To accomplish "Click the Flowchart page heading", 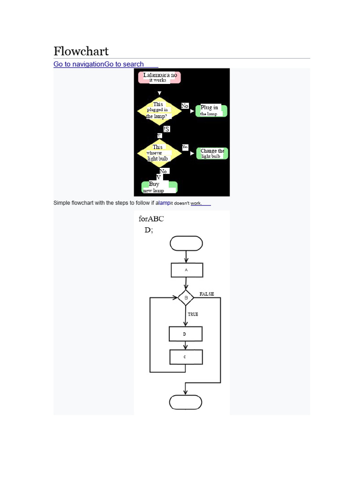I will pos(81,51).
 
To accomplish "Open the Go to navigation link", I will pos(78,64).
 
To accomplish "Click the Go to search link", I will pos(124,64).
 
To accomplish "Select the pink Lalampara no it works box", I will pos(159,77).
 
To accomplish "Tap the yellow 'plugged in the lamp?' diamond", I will pos(159,111).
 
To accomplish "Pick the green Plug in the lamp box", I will pos(211,111).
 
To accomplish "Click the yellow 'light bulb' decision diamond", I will pos(158,153).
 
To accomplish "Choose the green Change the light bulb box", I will pos(212,153).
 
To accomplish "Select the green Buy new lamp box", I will pos(159,187).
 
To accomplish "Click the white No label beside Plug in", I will pos(185,106).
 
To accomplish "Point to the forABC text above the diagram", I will pos(151,219).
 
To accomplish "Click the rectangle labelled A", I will pos(187,270).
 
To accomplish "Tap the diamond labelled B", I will pos(186,298).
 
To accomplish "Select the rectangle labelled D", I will pos(185,334).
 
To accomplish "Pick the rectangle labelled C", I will pos(186,357).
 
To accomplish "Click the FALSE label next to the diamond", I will pos(207,294).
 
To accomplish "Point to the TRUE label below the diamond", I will pos(193,314).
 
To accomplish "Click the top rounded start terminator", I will pos(187,243).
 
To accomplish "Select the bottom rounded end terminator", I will pos(186,402).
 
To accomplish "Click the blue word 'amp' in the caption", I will pos(164,203).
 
